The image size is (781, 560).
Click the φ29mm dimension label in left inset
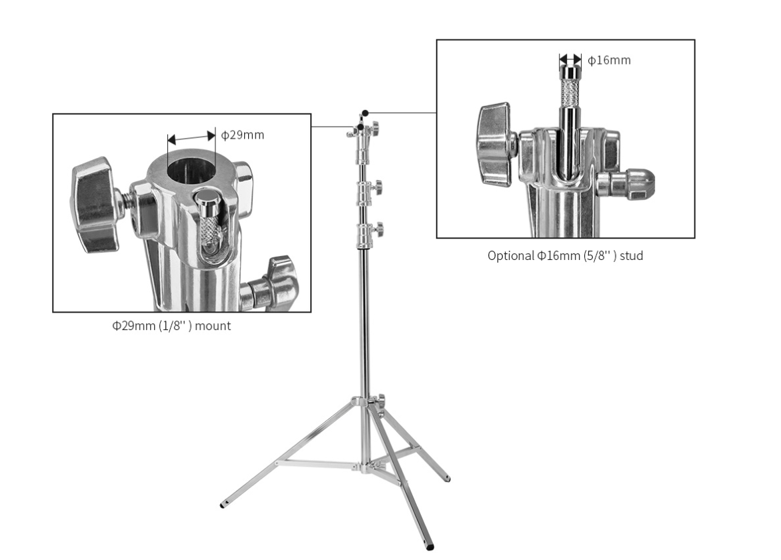pyautogui.click(x=242, y=135)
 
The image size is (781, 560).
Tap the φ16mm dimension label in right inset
pyautogui.click(x=609, y=60)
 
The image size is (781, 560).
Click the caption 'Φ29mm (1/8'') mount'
pyautogui.click(x=171, y=325)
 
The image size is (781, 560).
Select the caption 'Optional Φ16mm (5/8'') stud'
pyautogui.click(x=566, y=255)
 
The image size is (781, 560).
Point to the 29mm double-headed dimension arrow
pyautogui.click(x=191, y=138)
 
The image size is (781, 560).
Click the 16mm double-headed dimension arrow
pyautogui.click(x=570, y=60)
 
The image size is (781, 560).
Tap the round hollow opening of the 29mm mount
pyautogui.click(x=189, y=170)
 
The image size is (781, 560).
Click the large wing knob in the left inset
pyautogui.click(x=95, y=205)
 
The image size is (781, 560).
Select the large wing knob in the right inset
pyautogui.click(x=495, y=145)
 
